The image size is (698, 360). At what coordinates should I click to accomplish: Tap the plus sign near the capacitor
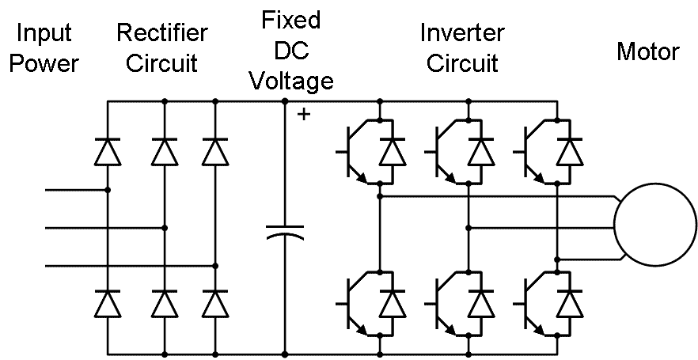303,115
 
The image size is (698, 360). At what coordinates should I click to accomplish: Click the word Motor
647,52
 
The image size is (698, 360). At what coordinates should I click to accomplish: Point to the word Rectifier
162,33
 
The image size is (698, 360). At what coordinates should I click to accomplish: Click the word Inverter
463,33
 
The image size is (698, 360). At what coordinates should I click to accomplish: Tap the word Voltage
291,80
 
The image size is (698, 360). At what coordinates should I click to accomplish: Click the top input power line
75,190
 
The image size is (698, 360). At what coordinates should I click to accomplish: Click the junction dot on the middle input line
165,228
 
